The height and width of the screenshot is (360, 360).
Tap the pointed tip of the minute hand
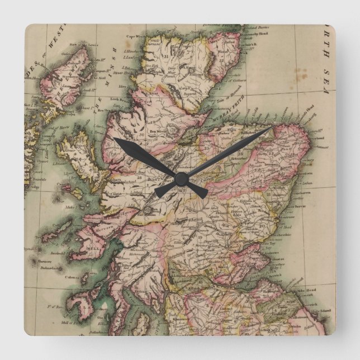[x=272, y=128]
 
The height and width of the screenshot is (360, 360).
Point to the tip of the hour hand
[x=115, y=139]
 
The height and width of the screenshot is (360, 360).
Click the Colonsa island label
[x=70, y=277]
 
